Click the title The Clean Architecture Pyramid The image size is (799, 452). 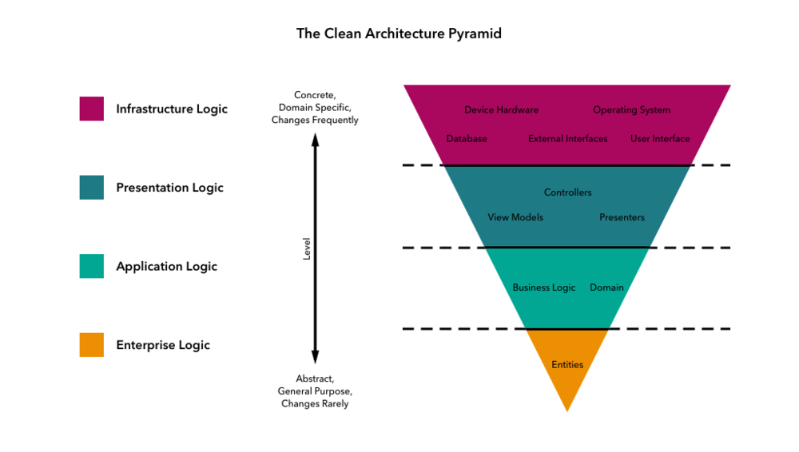tap(399, 34)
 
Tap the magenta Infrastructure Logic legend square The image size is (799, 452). tap(92, 109)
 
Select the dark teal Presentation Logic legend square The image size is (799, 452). tap(92, 188)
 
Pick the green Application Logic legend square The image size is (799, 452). tap(92, 266)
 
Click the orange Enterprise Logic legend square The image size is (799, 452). tap(92, 345)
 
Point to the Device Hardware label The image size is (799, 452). tap(501, 110)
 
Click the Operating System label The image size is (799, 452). tap(631, 110)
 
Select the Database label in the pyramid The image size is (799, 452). tap(467, 139)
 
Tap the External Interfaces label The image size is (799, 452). tap(567, 139)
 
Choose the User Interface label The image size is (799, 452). tap(660, 139)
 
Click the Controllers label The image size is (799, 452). tap(567, 192)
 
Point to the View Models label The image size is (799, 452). tap(515, 217)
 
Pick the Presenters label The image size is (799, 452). tap(622, 217)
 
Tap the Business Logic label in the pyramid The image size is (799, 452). tap(543, 287)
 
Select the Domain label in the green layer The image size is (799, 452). tap(606, 287)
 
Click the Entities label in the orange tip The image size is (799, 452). tap(567, 365)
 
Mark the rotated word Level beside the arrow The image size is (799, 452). tap(307, 248)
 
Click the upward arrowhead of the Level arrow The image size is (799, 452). tap(315, 140)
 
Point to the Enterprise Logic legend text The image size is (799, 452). tap(163, 345)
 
